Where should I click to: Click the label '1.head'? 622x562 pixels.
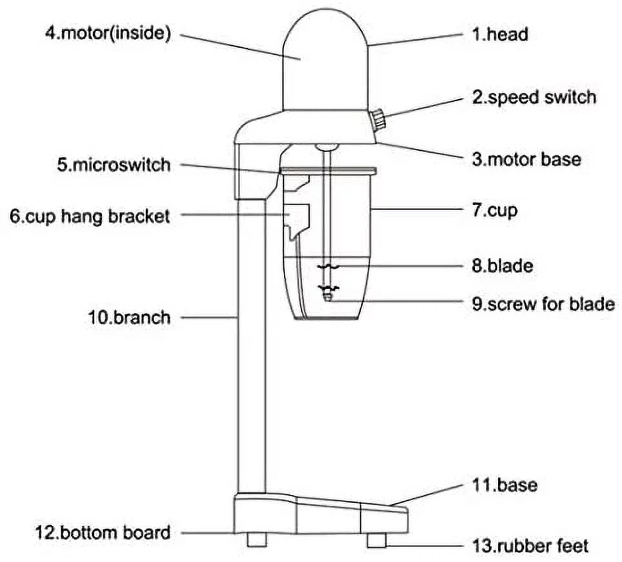coord(499,34)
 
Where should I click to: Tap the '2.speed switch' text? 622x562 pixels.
coord(534,97)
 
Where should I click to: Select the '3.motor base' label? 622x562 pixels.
coord(526,159)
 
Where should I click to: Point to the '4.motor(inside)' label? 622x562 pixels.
coord(108,34)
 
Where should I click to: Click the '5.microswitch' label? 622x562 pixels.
coord(114,165)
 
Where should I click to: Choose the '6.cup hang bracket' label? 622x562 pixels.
coord(90,216)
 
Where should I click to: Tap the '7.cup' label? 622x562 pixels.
coord(494,210)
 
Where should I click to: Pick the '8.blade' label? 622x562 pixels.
coord(502,266)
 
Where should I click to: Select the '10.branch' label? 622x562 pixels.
coord(129,317)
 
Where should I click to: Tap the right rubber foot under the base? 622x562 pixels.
coord(377,539)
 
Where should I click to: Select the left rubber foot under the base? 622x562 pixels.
coord(257,539)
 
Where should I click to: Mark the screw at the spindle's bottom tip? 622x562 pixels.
coord(328,297)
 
